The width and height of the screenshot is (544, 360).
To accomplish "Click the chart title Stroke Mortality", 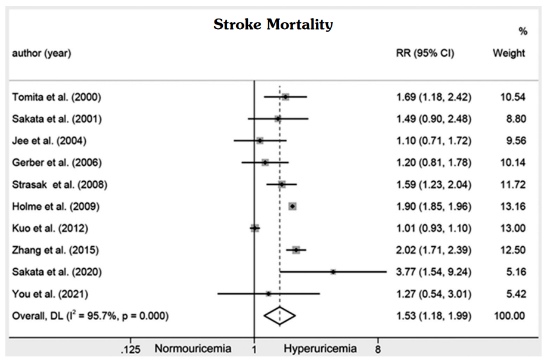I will click(273, 25).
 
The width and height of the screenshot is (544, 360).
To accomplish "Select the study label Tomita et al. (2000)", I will click(57, 97).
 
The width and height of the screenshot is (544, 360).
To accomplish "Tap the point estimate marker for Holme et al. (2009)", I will click(292, 206).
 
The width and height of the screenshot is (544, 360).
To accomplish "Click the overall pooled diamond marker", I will click(279, 315).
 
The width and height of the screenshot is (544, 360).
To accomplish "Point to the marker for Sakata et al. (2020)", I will click(333, 272).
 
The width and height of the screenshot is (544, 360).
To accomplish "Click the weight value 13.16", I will click(513, 206).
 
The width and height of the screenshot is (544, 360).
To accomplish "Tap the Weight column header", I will click(509, 53).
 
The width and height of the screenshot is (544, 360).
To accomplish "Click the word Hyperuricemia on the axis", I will click(321, 349).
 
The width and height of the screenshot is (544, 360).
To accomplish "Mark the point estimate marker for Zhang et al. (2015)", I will click(296, 250).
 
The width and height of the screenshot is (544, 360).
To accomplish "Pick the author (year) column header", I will click(42, 53).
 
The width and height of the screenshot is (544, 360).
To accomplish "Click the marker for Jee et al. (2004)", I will click(260, 140).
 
